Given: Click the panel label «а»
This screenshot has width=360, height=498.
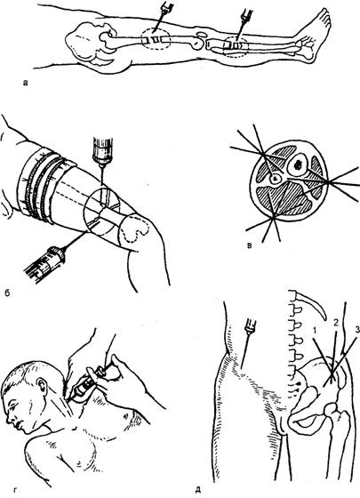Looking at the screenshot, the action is click(x=26, y=84).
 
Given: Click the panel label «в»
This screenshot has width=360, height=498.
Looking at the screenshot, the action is click(x=250, y=245).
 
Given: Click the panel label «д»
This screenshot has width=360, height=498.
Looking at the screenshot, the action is click(x=197, y=491).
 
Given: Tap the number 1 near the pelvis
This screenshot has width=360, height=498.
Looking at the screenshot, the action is click(x=314, y=331).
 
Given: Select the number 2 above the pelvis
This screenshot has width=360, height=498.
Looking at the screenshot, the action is click(x=336, y=322).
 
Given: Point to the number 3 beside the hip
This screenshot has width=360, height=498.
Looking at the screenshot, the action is click(x=357, y=331).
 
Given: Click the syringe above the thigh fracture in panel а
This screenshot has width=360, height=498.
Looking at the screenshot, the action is click(x=162, y=16).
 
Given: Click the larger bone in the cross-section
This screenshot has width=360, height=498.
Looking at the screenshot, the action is click(x=297, y=165).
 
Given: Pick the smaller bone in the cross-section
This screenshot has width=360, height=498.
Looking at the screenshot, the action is click(x=275, y=179).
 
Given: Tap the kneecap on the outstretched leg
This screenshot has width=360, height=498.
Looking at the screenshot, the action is click(x=201, y=34).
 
